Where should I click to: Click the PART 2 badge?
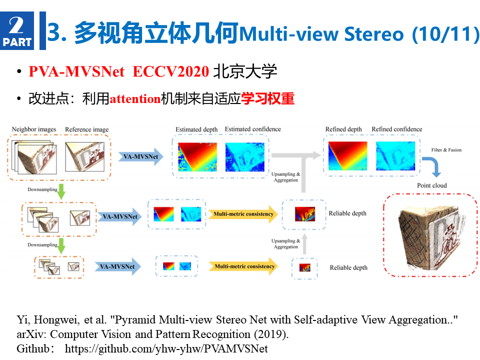(x=17, y=30)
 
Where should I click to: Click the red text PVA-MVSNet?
(x=76, y=71)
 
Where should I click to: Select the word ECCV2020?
(x=171, y=71)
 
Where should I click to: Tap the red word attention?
(x=135, y=99)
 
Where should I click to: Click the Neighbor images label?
(x=34, y=129)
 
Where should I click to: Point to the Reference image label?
(x=86, y=129)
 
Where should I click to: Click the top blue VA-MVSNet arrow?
(x=141, y=156)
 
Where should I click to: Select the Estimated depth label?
(x=196, y=129)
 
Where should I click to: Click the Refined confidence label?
(x=396, y=129)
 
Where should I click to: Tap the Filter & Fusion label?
(x=446, y=149)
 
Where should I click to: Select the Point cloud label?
(x=431, y=185)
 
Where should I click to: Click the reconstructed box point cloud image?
(x=430, y=235)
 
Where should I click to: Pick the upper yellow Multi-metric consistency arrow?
(x=243, y=214)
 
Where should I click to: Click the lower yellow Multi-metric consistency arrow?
(x=243, y=266)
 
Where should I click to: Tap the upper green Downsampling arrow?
(x=61, y=191)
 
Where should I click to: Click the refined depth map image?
(x=348, y=156)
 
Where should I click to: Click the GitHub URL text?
(x=166, y=348)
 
